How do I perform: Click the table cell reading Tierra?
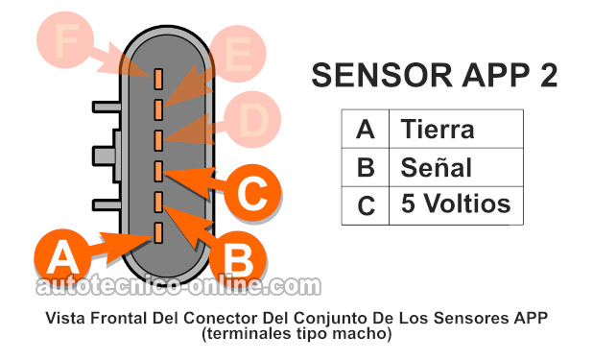pyautogui.click(x=438, y=129)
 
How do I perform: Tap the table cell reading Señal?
pyautogui.click(x=437, y=167)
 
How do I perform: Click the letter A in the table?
pyautogui.click(x=365, y=129)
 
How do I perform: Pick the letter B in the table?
pyautogui.click(x=365, y=167)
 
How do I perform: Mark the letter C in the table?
pyautogui.click(x=365, y=204)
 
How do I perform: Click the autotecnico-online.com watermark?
pyautogui.click(x=178, y=285)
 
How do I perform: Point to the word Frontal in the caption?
pyautogui.click(x=131, y=318)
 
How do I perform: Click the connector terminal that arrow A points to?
pyautogui.click(x=159, y=230)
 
